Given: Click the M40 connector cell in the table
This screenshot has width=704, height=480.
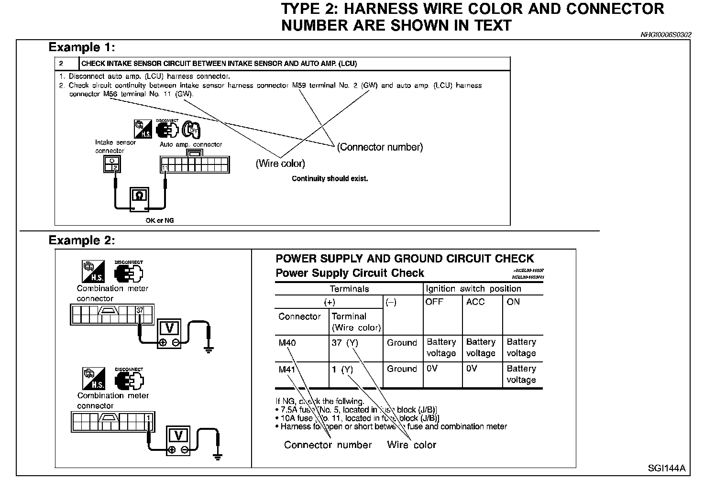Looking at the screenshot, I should click(287, 343).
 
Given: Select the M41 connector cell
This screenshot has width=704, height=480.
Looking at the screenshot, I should click(287, 369).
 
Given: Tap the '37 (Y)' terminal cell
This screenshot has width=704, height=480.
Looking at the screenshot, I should click(344, 343).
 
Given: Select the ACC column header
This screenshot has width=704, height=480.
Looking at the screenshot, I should click(475, 302).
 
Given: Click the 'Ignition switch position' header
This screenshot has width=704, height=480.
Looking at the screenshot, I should click(473, 289).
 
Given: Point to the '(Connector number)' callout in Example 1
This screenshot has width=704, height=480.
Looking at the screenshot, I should click(380, 147).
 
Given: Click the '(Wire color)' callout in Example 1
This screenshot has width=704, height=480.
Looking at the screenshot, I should click(280, 164).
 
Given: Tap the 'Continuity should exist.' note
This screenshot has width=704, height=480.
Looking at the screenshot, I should click(330, 179).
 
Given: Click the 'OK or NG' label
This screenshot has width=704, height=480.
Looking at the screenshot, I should click(160, 221).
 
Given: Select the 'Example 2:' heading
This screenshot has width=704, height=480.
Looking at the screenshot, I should click(82, 240).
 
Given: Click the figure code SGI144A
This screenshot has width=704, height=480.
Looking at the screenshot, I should click(667, 468).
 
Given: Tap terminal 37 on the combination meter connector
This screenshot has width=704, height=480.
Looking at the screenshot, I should click(140, 310).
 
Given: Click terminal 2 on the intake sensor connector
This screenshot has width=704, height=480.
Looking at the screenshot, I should click(115, 167).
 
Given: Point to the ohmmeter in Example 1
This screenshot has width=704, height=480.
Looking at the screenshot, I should click(139, 198).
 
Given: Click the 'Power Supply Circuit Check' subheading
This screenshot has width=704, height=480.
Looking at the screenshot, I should click(350, 273).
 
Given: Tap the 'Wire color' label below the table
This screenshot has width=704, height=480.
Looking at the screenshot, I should click(411, 445).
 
